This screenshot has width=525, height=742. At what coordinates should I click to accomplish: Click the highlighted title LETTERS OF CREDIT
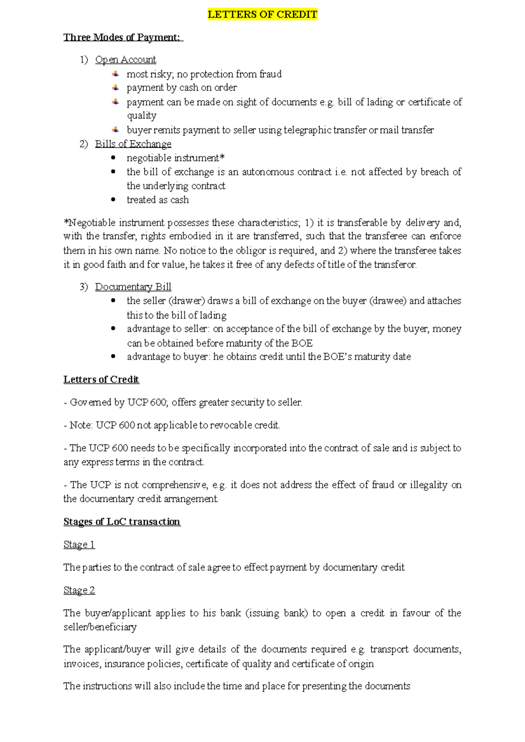[262, 14]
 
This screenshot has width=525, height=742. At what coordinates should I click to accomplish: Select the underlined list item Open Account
[126, 60]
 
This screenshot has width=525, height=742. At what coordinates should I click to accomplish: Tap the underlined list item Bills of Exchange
[133, 144]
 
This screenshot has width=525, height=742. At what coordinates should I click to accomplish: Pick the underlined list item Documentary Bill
[133, 287]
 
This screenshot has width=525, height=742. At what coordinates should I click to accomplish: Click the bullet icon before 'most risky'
[115, 74]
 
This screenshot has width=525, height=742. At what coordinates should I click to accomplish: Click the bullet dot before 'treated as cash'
[113, 200]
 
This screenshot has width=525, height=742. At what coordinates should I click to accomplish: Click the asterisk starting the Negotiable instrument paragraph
[66, 222]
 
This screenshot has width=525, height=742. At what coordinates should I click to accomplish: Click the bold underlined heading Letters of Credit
[101, 380]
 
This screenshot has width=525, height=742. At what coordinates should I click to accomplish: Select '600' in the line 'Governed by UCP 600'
[157, 402]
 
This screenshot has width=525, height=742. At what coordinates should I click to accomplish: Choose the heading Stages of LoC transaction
[122, 522]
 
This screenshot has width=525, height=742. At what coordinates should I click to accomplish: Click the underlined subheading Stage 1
[79, 545]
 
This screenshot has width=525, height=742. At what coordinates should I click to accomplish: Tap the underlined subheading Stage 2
[79, 590]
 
